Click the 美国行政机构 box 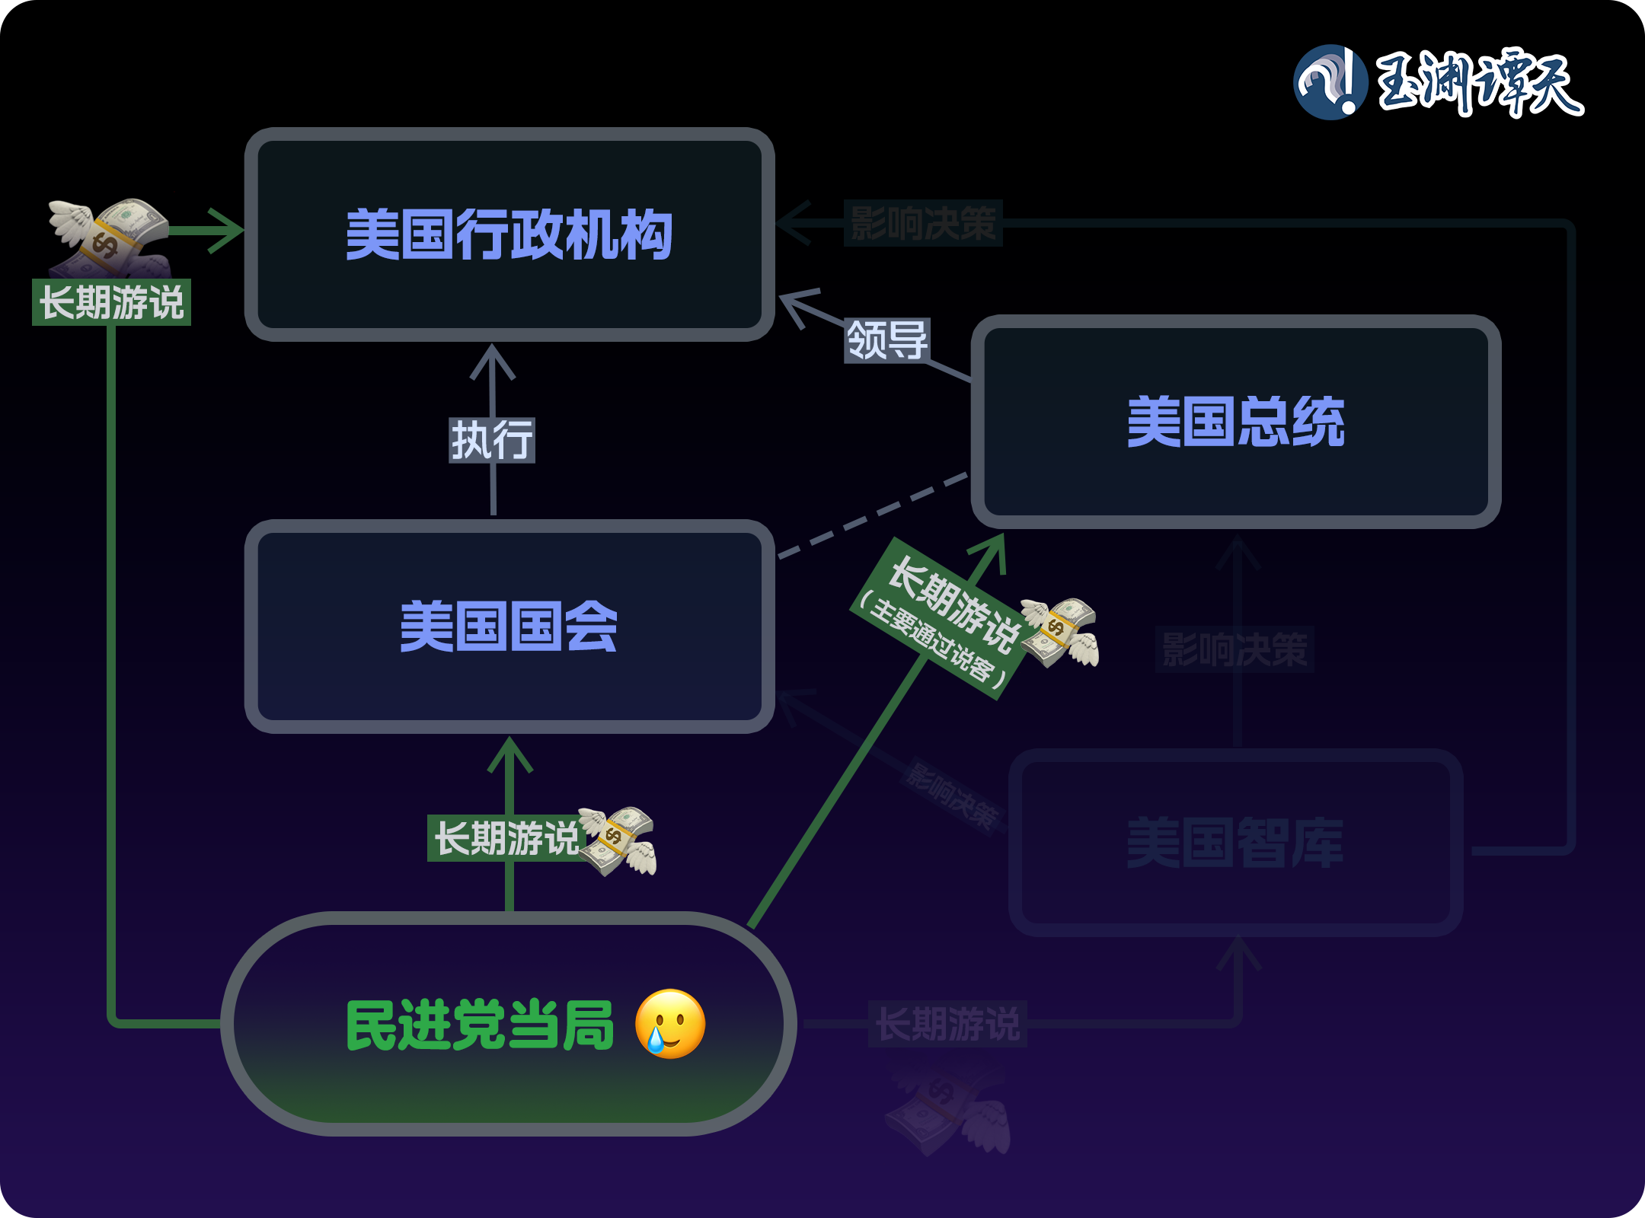[x=509, y=234]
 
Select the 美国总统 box [x=1235, y=421]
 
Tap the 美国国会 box [x=509, y=626]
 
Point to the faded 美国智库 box [x=1235, y=842]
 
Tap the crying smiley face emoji [x=670, y=1024]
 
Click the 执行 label [x=492, y=440]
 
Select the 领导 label [x=887, y=340]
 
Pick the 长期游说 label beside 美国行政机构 [x=111, y=302]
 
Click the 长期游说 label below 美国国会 [x=506, y=838]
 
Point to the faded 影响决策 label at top [x=922, y=223]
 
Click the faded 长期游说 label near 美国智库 [x=947, y=1023]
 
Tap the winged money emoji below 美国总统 [x=1061, y=632]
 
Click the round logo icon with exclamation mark [x=1330, y=82]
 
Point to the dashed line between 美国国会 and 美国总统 [x=873, y=516]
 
